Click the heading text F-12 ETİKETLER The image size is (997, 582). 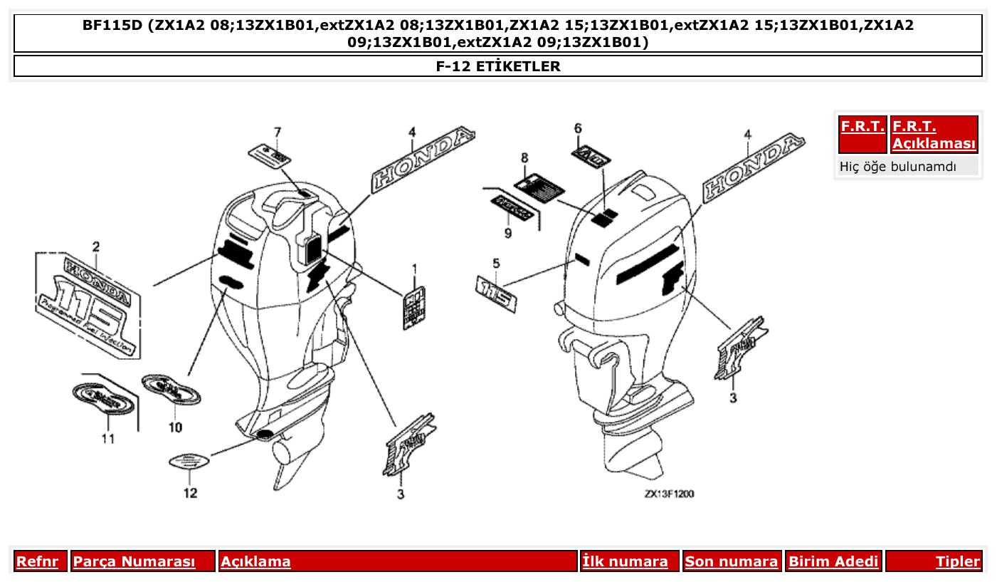(498, 66)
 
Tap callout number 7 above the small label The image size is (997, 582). (278, 132)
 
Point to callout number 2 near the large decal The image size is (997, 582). (95, 246)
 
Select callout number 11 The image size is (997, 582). (107, 439)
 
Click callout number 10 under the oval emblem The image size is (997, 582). (175, 427)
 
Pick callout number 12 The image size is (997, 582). (190, 492)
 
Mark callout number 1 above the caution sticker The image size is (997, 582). (414, 269)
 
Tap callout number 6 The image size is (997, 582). (578, 128)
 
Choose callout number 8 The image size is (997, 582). (524, 157)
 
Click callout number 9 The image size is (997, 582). (508, 233)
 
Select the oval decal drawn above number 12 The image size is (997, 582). (189, 462)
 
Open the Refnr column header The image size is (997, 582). (38, 561)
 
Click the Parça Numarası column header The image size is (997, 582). (134, 561)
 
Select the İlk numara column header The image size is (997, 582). (626, 561)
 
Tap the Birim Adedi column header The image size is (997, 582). (833, 561)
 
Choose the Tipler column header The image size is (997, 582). (957, 561)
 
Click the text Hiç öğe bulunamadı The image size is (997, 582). (898, 167)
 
